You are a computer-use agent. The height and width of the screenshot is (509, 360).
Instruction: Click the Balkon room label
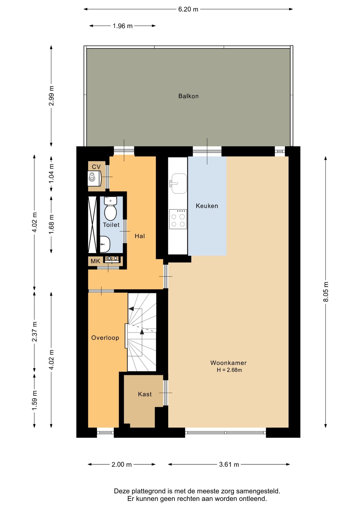point(188,96)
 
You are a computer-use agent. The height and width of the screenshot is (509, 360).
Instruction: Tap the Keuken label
point(207,206)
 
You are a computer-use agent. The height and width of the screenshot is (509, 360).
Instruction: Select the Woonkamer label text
point(229,363)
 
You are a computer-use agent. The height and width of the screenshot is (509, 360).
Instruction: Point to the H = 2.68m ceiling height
point(229,370)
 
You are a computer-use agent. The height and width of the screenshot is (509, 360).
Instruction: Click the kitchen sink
point(178,183)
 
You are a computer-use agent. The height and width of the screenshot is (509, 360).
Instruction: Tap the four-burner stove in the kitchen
point(178,219)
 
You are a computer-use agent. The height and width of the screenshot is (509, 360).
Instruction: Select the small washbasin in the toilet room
point(105,244)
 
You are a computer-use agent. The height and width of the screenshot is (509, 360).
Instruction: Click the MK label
point(95,261)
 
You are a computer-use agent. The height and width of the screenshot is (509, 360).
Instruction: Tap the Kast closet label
point(145,394)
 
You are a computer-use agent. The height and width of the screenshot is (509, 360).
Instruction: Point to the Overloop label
point(105,338)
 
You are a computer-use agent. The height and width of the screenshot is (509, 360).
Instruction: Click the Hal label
point(140,236)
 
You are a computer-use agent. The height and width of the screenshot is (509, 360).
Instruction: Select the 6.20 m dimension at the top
point(188,9)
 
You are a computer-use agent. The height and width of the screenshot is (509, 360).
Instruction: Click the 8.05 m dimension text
point(326,292)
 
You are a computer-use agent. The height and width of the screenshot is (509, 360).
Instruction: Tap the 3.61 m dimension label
point(229,464)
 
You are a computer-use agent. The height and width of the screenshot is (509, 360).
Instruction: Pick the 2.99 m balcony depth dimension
point(51,96)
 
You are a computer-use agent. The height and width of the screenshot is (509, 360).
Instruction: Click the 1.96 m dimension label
point(122,26)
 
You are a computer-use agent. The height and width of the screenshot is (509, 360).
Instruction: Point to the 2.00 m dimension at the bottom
point(121,464)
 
